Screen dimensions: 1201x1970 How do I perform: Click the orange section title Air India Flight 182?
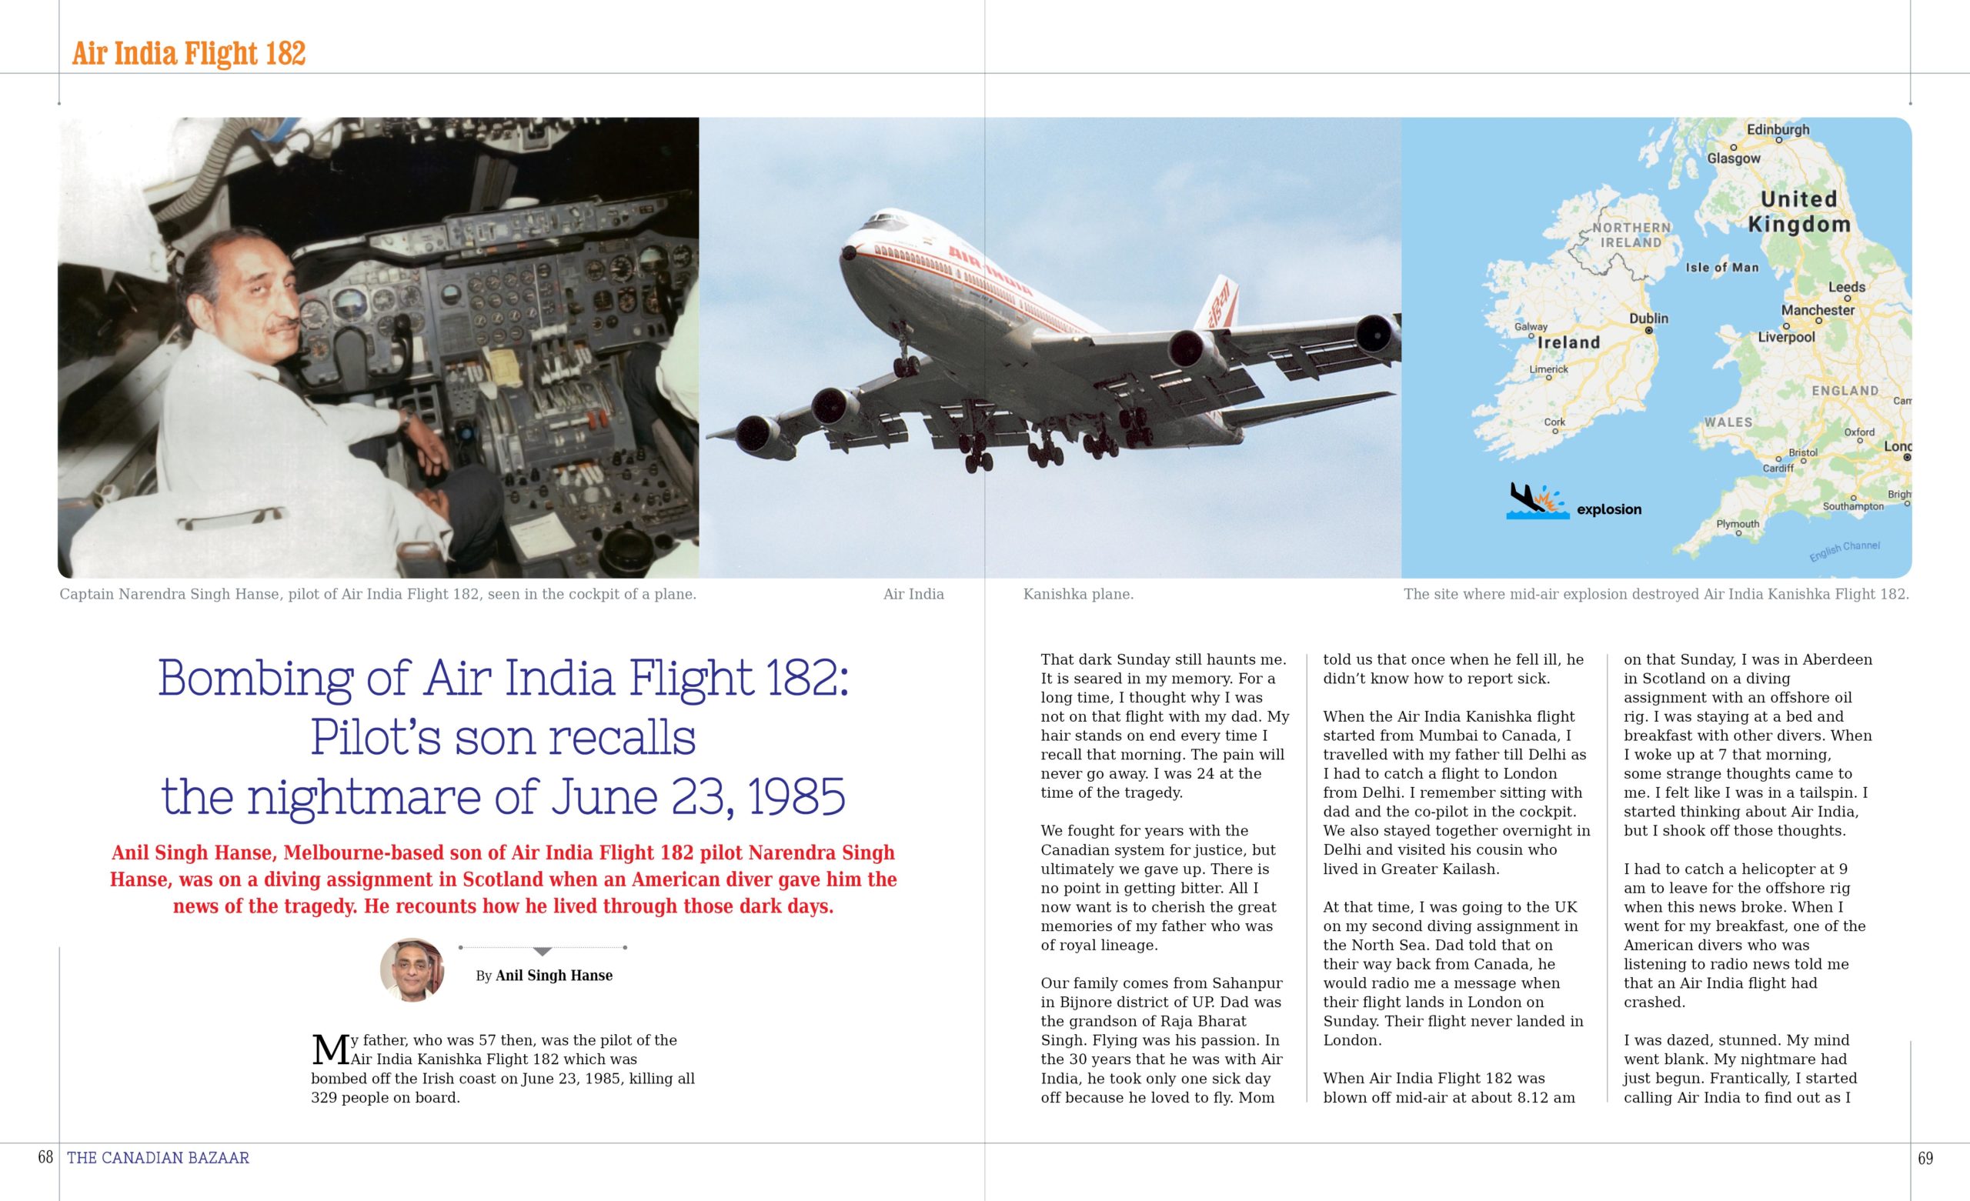[189, 53]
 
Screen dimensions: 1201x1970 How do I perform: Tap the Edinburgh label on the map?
[1778, 129]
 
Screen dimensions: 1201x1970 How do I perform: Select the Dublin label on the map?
[1648, 319]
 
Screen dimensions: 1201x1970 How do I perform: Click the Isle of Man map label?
[1721, 268]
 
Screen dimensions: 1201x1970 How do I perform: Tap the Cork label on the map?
[1554, 422]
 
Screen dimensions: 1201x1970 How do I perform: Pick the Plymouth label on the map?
[1738, 524]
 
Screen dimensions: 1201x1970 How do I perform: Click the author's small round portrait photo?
[412, 970]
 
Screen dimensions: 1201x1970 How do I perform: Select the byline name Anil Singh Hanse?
[553, 976]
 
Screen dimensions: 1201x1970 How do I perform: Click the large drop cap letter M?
[329, 1050]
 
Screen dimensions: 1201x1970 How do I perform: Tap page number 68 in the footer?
[45, 1157]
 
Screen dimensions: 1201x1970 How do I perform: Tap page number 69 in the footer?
[1925, 1157]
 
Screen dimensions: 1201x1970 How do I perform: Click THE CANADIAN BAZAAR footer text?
[159, 1157]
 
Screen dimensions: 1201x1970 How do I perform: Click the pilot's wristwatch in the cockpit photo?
[407, 416]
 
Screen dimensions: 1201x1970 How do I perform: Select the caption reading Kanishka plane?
[1078, 594]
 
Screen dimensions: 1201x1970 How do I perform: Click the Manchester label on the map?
[1818, 309]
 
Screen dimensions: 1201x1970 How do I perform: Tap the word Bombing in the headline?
[255, 678]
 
